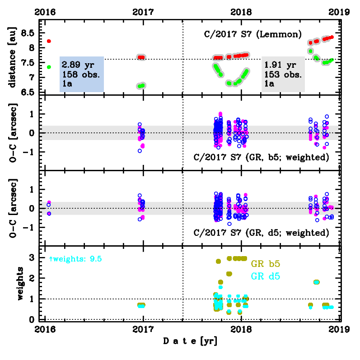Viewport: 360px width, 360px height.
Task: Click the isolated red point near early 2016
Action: (x=49, y=41)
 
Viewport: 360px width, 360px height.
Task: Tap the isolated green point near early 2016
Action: (x=49, y=67)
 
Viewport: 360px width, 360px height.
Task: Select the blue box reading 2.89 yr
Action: (x=82, y=75)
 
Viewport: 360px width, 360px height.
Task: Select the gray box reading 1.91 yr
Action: (x=283, y=75)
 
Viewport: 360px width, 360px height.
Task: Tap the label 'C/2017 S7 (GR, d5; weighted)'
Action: (x=261, y=233)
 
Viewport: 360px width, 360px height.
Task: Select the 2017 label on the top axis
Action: (x=143, y=13)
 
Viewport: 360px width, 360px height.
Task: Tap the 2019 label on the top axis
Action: (x=340, y=13)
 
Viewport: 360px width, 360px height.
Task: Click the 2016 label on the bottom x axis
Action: (x=45, y=329)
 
